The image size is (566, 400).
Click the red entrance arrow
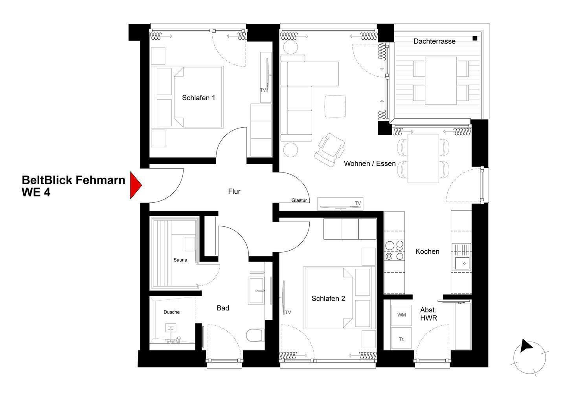click(136, 185)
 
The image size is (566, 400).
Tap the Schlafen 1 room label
click(198, 98)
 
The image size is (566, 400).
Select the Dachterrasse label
click(434, 41)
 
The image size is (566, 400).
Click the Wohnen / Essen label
click(369, 163)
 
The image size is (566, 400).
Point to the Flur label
click(234, 191)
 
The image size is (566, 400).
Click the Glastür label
click(299, 200)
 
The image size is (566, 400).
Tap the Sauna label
click(180, 260)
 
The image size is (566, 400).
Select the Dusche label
click(171, 312)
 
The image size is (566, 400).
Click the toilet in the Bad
click(255, 335)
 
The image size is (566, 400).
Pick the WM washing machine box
click(401, 315)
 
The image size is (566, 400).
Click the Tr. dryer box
click(401, 339)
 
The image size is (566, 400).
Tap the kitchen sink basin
click(462, 263)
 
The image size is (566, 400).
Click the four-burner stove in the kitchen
click(394, 251)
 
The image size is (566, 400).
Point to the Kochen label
click(427, 251)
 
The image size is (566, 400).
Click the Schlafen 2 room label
click(328, 299)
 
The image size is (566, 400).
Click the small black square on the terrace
click(475, 38)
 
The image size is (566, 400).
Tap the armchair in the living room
click(330, 150)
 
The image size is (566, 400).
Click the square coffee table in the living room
click(335, 106)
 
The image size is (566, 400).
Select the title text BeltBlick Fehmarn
click(74, 180)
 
